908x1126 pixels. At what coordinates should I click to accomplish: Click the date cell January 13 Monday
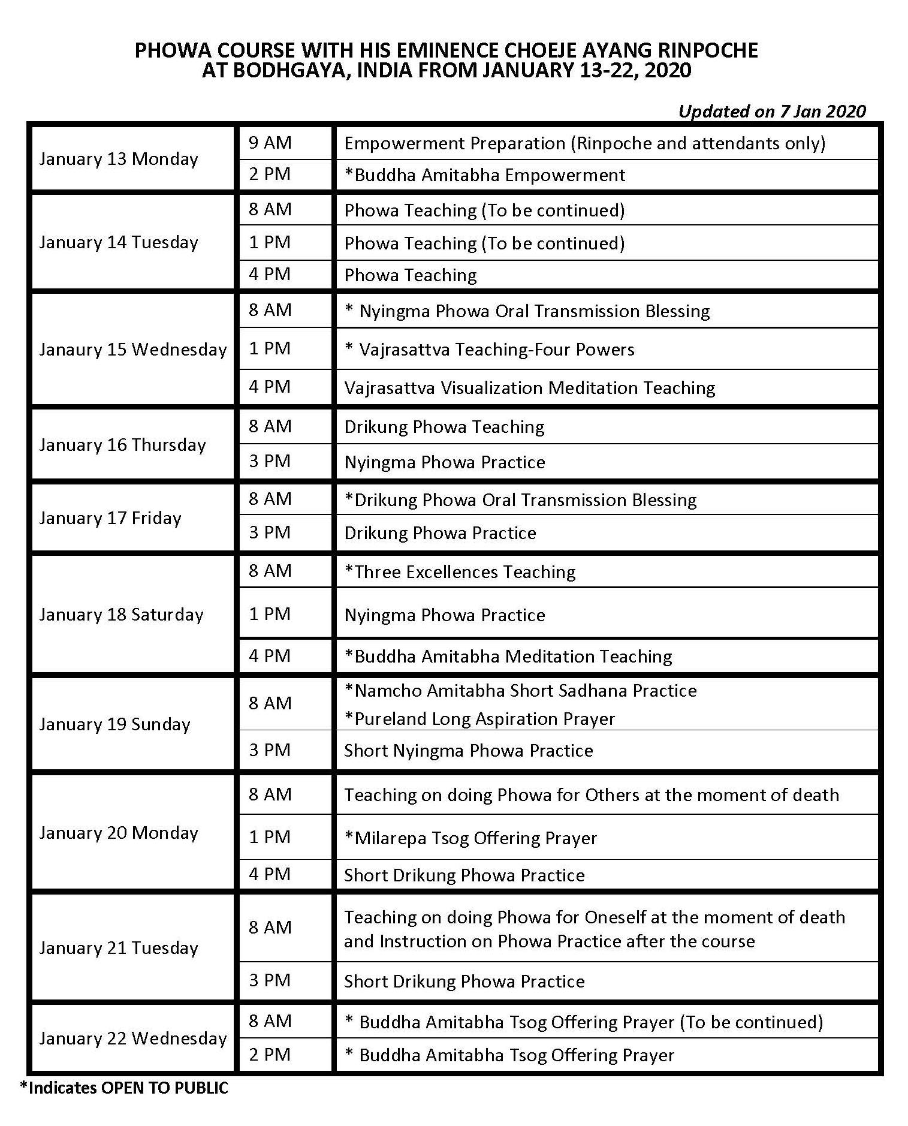pyautogui.click(x=119, y=159)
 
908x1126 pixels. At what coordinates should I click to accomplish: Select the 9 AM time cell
pyautogui.click(x=270, y=143)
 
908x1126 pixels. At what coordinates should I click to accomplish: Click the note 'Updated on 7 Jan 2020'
pyautogui.click(x=772, y=111)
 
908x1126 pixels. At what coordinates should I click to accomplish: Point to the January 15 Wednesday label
pyautogui.click(x=132, y=350)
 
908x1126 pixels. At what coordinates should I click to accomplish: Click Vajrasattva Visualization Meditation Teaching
pyautogui.click(x=529, y=388)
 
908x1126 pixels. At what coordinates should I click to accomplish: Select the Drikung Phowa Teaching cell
pyautogui.click(x=444, y=427)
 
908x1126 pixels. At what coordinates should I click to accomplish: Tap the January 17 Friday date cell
pyautogui.click(x=110, y=518)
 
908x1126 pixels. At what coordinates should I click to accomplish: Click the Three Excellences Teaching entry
pyautogui.click(x=460, y=572)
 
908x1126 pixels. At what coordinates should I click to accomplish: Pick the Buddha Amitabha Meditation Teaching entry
pyautogui.click(x=508, y=657)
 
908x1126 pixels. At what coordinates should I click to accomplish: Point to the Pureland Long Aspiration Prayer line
pyautogui.click(x=479, y=719)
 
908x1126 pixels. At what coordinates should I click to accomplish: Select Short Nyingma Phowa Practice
pyautogui.click(x=468, y=751)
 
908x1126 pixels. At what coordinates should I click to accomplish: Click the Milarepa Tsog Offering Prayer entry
pyautogui.click(x=470, y=838)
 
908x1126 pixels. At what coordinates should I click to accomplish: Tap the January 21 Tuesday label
pyautogui.click(x=119, y=948)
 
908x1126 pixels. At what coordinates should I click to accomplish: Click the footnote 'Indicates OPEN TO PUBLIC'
pyautogui.click(x=124, y=1088)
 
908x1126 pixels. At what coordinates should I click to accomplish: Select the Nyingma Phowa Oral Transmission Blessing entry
pyautogui.click(x=527, y=311)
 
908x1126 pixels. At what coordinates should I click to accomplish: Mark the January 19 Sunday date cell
pyautogui.click(x=114, y=724)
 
